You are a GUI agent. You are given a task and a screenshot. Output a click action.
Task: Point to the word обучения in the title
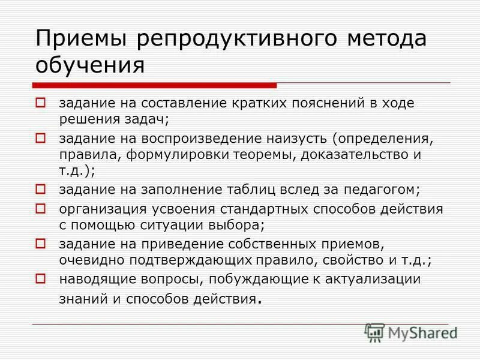pyautogui.click(x=90, y=65)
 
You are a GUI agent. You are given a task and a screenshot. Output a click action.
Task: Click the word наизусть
pyautogui.click(x=298, y=139)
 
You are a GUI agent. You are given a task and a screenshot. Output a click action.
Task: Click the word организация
pyautogui.click(x=100, y=209)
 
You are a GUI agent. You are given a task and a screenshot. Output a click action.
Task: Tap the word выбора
pyautogui.click(x=239, y=226)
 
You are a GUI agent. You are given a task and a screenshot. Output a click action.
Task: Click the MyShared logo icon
pyautogui.click(x=374, y=332)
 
